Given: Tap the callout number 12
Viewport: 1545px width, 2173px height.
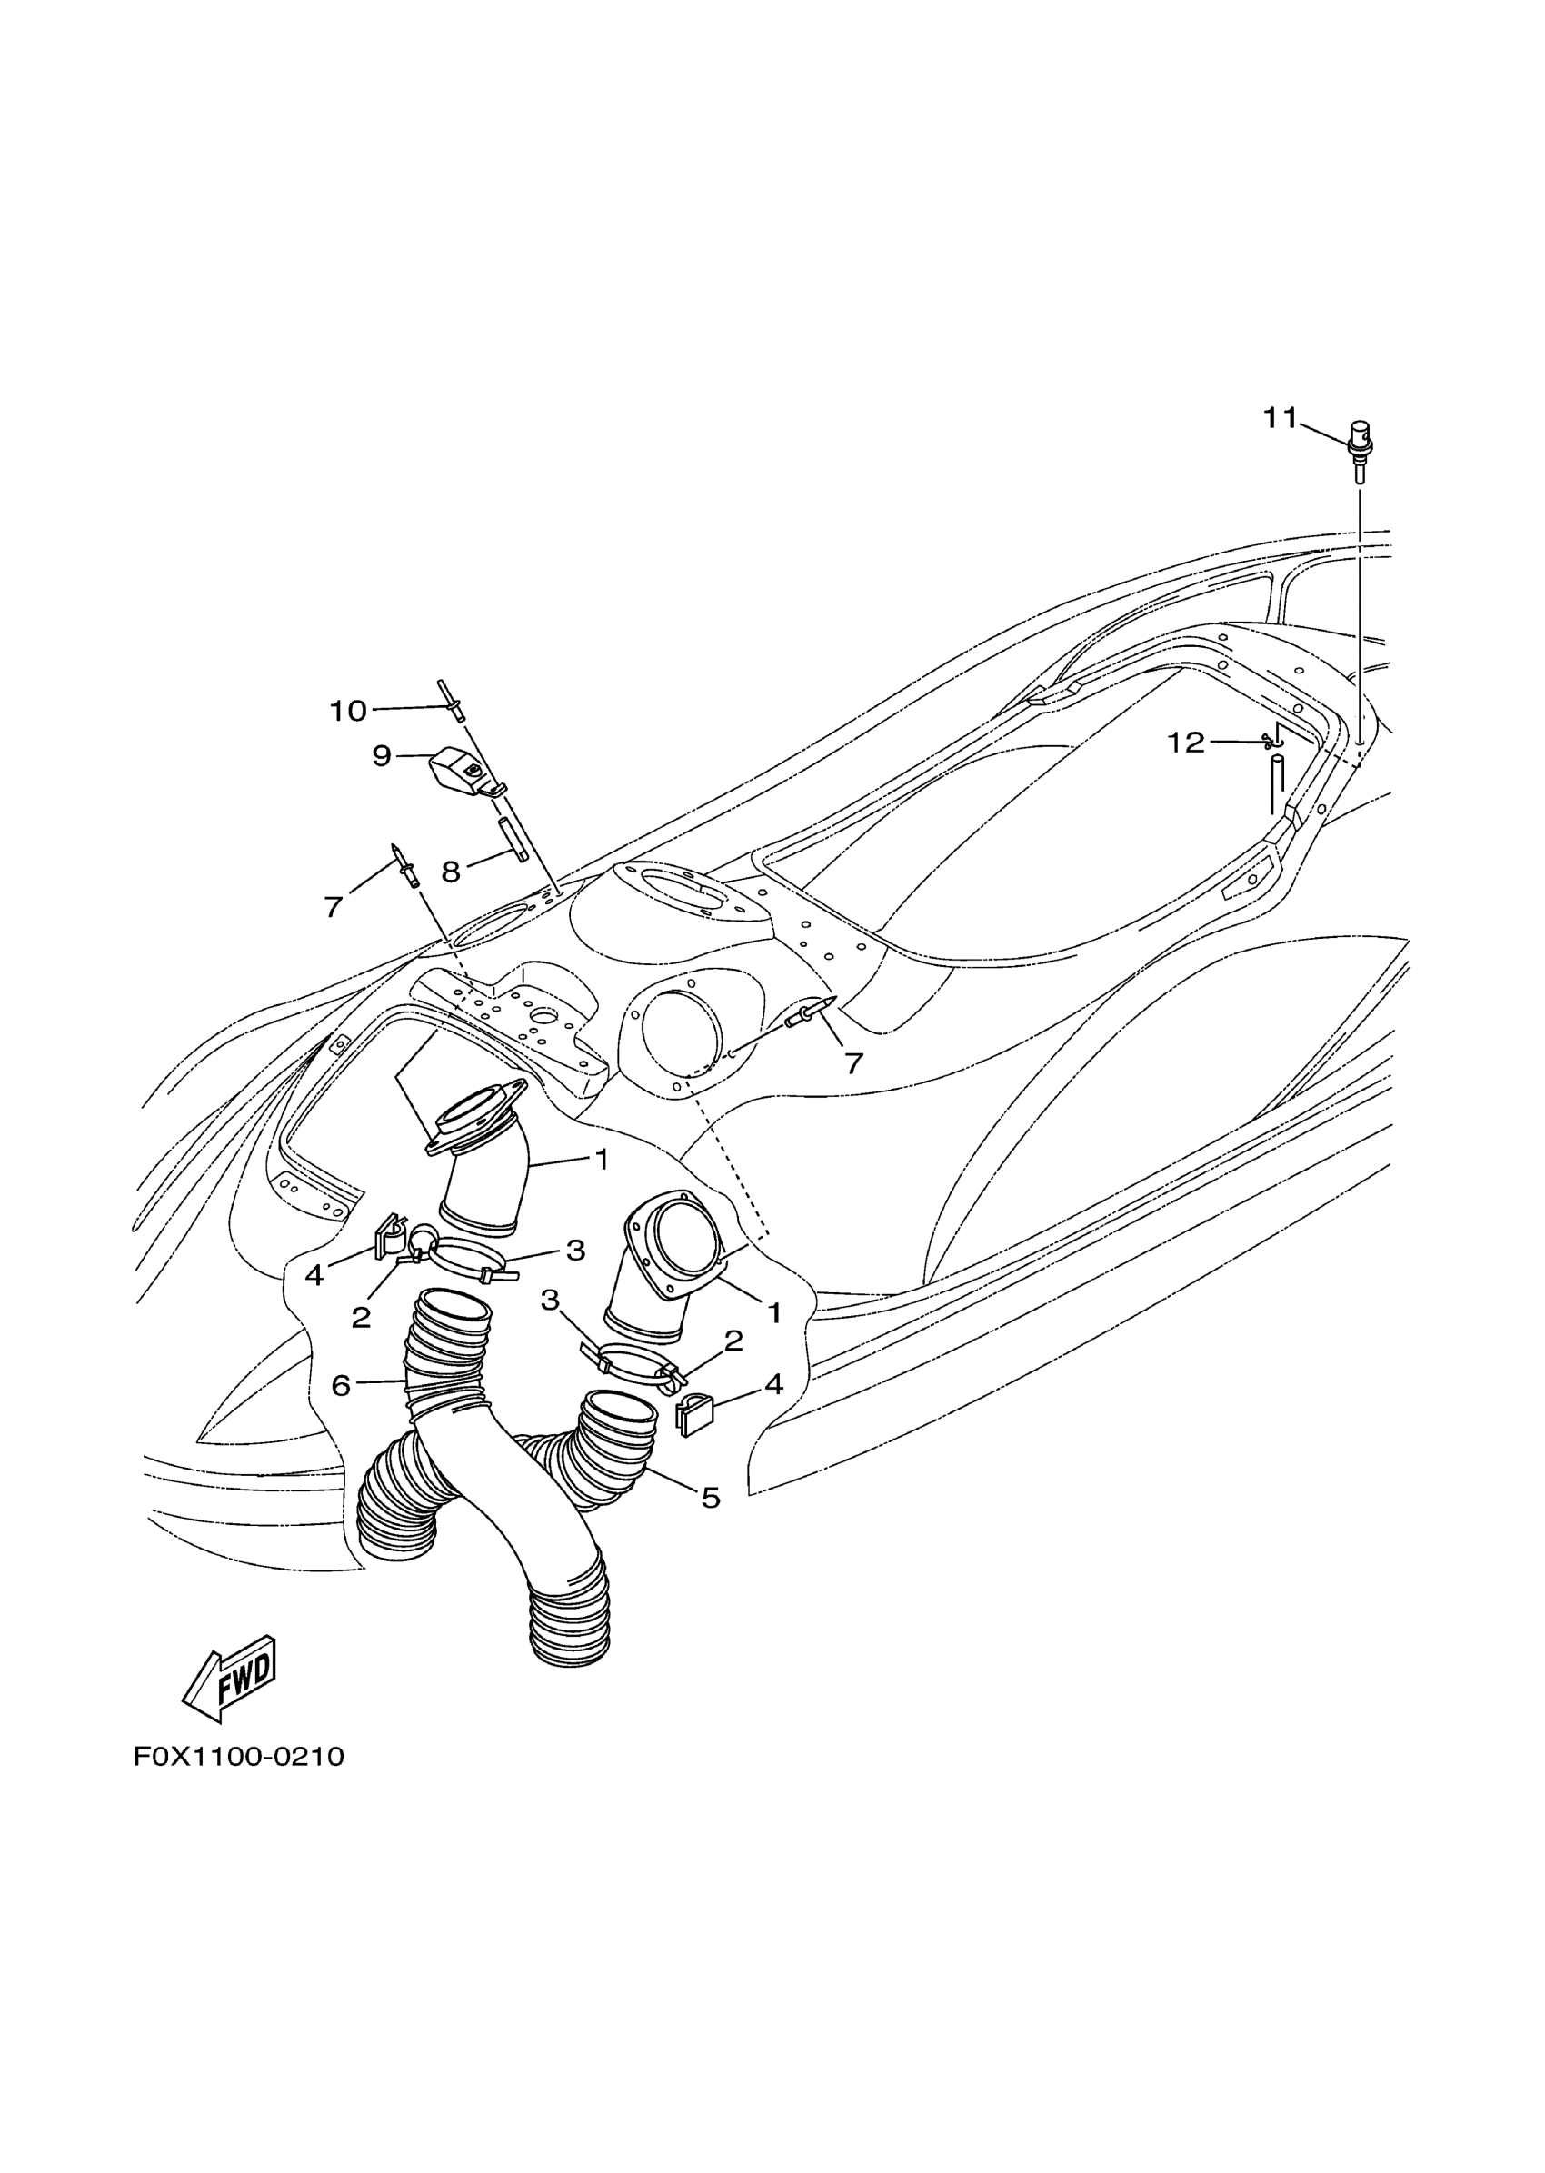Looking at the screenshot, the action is (x=1185, y=743).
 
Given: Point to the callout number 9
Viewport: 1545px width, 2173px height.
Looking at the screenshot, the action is (x=382, y=756).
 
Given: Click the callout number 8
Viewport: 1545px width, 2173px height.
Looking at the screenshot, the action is (x=451, y=872).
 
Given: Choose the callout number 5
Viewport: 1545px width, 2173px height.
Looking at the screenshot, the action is (x=711, y=1499).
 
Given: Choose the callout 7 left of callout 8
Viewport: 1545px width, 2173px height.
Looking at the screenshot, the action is (x=333, y=907).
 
